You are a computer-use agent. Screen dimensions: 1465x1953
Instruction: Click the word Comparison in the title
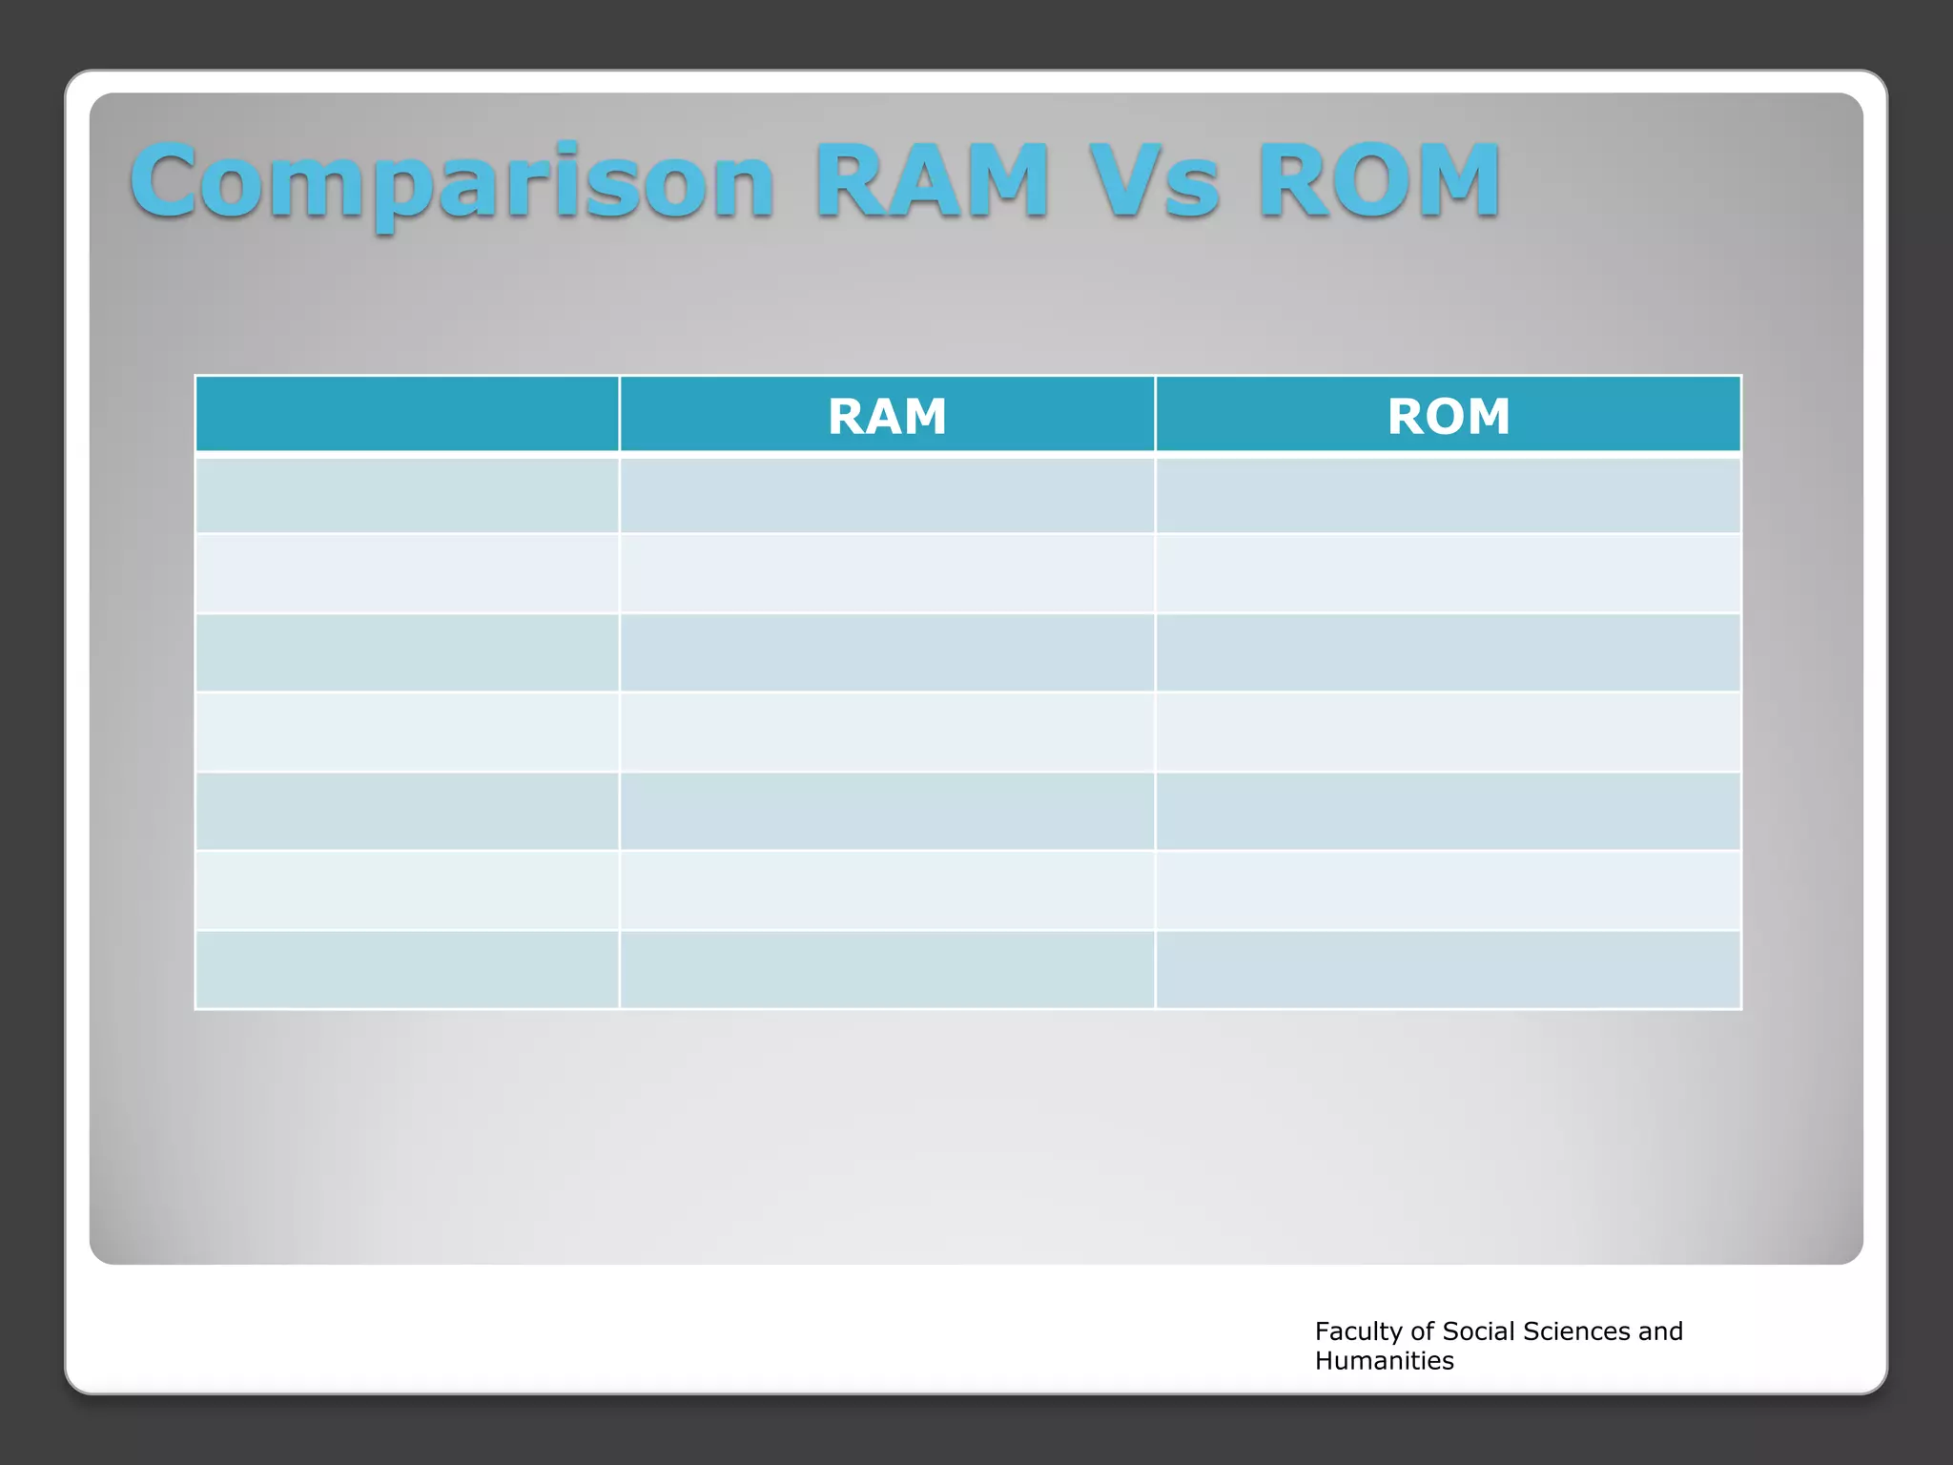pyautogui.click(x=452, y=181)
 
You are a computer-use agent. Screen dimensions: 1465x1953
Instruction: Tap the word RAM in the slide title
pyautogui.click(x=931, y=181)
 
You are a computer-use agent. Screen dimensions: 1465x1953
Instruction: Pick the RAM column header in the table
pyautogui.click(x=887, y=416)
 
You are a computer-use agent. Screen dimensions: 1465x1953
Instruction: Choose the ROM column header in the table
pyautogui.click(x=1448, y=416)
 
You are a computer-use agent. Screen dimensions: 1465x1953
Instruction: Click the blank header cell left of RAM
pyautogui.click(x=407, y=414)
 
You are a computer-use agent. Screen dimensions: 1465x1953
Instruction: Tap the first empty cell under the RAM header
pyautogui.click(x=887, y=495)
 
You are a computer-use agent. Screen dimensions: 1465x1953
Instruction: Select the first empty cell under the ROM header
pyautogui.click(x=1448, y=495)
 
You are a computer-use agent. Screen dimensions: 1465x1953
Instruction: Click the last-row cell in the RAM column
pyautogui.click(x=887, y=969)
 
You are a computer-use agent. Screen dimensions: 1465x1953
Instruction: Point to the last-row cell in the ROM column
pyautogui.click(x=1448, y=969)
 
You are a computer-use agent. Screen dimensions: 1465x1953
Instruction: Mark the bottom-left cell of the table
pyautogui.click(x=407, y=969)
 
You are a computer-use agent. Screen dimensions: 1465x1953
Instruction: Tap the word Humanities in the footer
pyautogui.click(x=1384, y=1361)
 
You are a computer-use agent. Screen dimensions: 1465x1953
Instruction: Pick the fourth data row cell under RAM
pyautogui.click(x=887, y=732)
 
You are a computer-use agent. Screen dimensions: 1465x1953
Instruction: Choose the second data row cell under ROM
pyautogui.click(x=1448, y=573)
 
